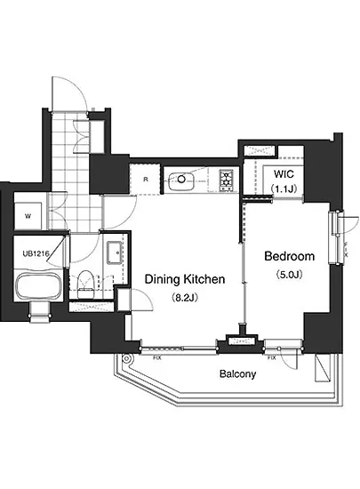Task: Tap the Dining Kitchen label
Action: (185, 279)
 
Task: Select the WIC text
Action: (284, 173)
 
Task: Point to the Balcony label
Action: (238, 373)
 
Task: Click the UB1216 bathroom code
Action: (36, 253)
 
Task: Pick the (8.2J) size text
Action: (185, 298)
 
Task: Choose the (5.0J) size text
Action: (289, 275)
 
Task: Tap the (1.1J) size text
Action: (284, 188)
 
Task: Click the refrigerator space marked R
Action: (146, 180)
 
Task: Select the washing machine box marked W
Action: (28, 216)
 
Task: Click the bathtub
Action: (37, 286)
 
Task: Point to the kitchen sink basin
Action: (181, 180)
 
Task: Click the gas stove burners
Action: (226, 180)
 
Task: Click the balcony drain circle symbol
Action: (126, 358)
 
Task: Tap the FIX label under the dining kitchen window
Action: (157, 358)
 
